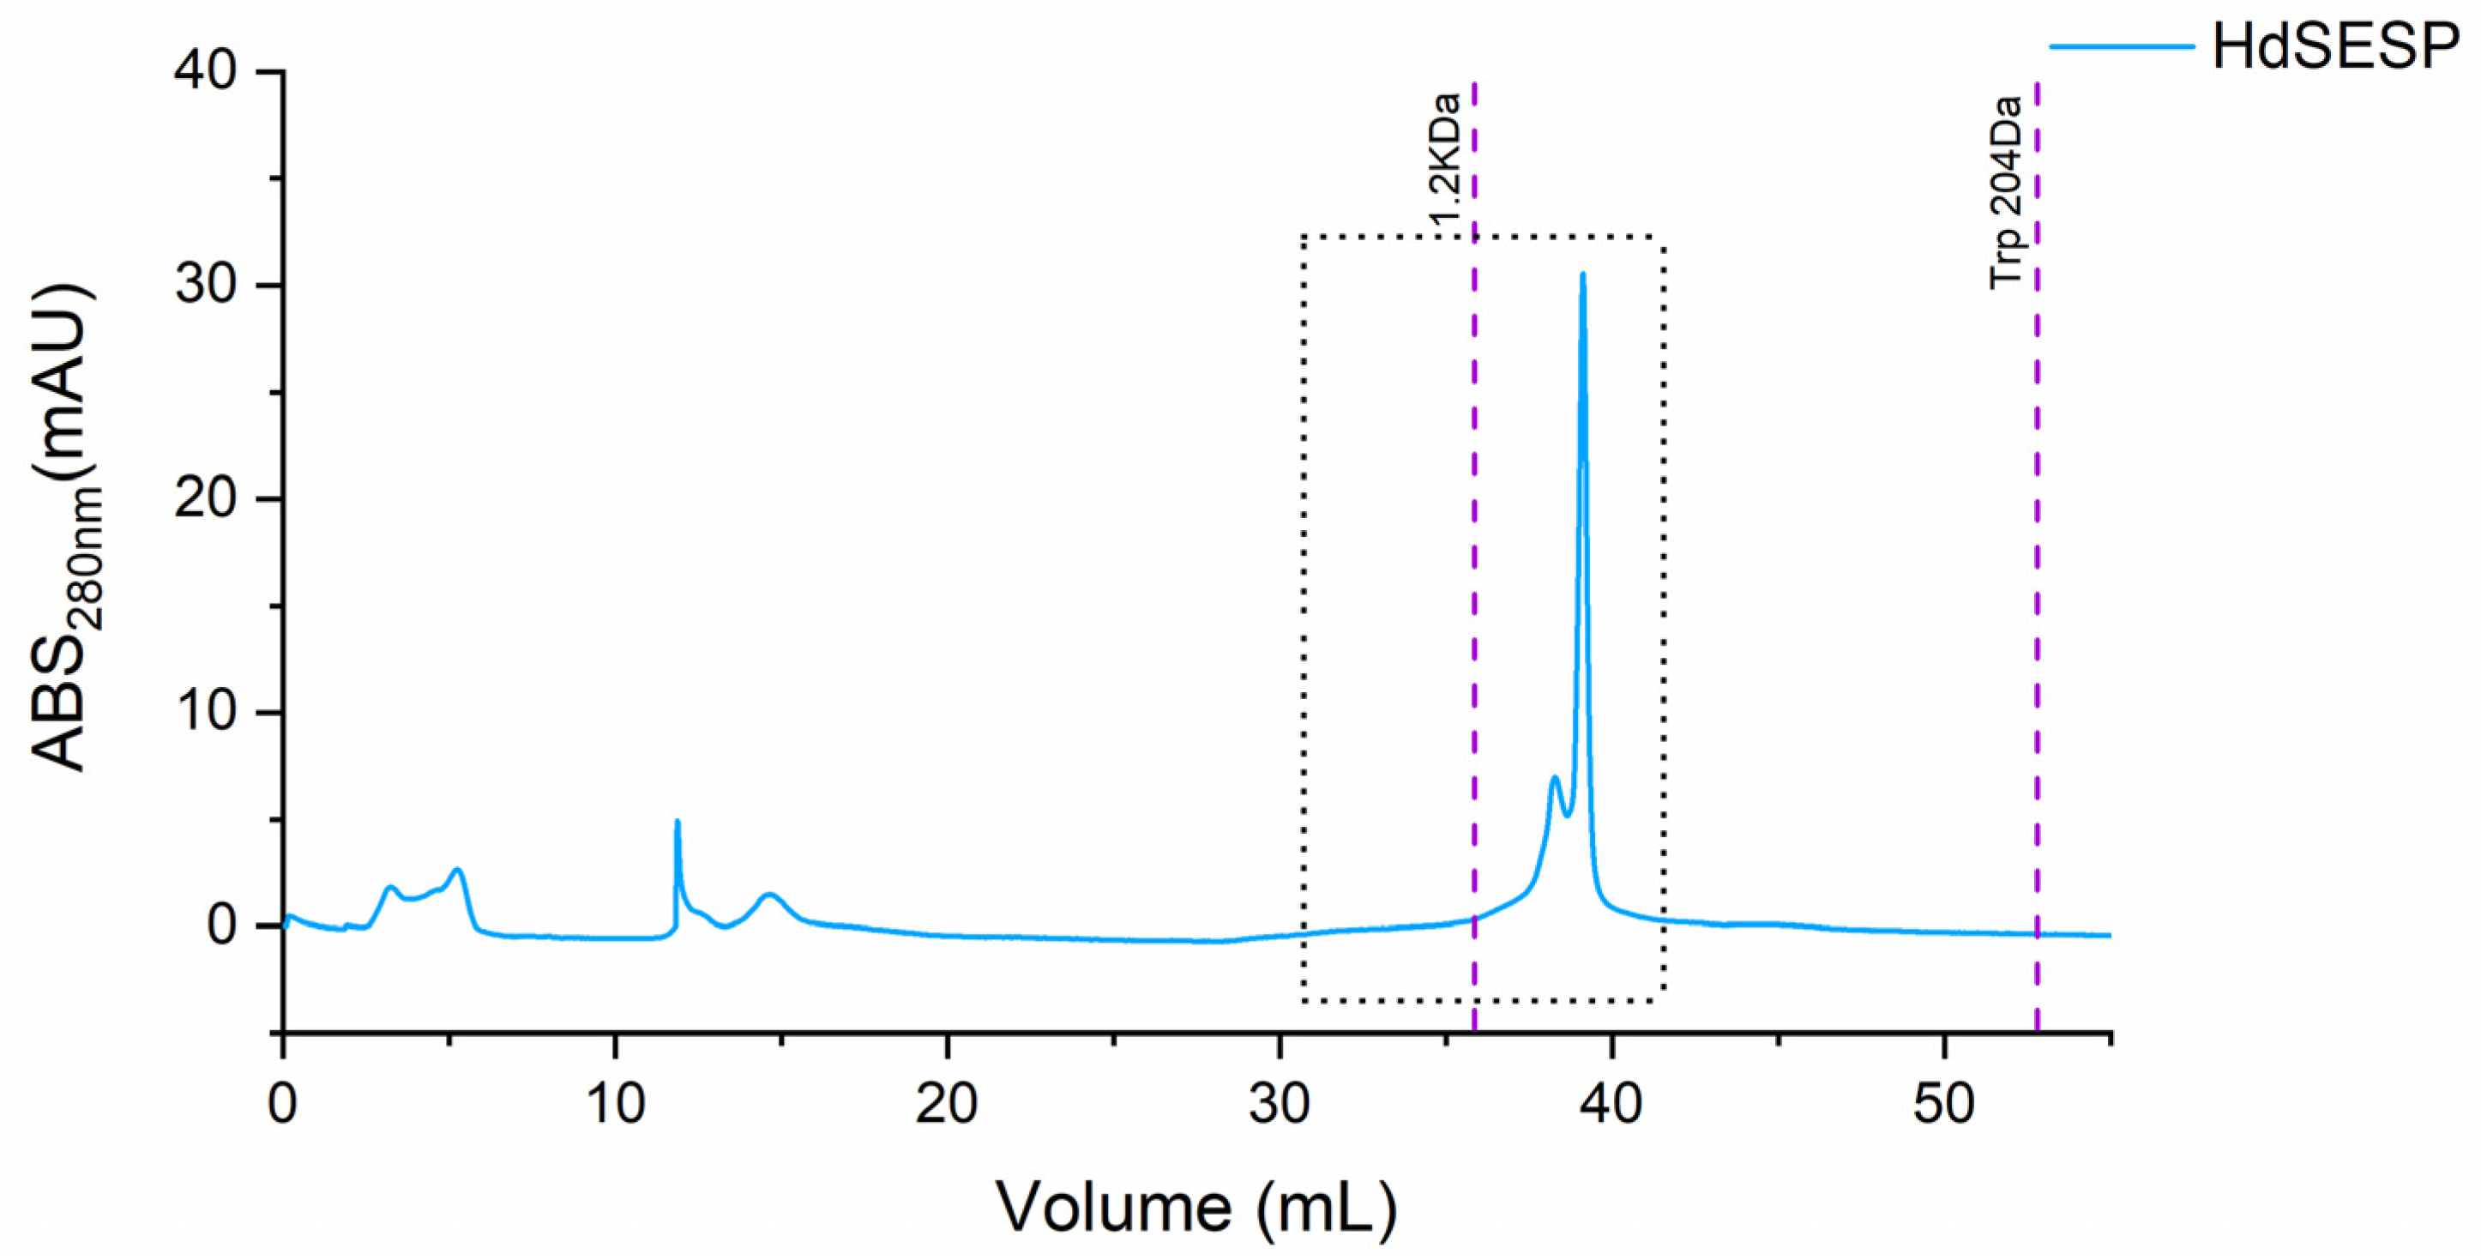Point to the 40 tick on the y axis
[205, 71]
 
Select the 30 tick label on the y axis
[205, 286]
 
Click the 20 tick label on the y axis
[205, 499]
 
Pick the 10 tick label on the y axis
[205, 713]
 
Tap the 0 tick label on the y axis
[221, 925]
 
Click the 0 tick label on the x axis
[283, 1104]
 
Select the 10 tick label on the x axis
[616, 1104]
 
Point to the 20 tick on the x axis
[948, 1104]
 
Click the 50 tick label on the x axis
[1944, 1104]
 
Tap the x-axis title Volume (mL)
[1195, 1206]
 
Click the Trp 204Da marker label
[2006, 193]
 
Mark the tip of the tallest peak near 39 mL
[1582, 274]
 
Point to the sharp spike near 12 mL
[678, 822]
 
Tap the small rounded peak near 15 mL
[769, 895]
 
